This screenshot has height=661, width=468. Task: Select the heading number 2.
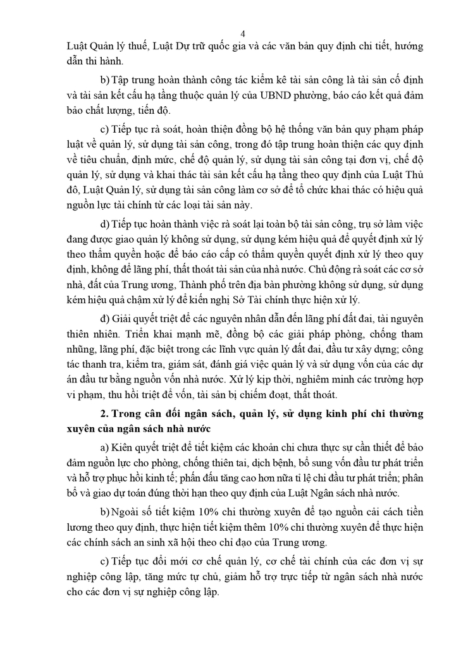pyautogui.click(x=114, y=414)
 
